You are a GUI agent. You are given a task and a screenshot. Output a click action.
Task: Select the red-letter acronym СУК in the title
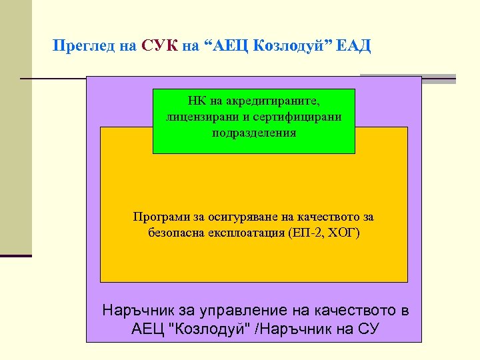[x=159, y=46]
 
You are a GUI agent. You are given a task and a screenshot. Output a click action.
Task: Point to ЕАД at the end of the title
[x=354, y=46]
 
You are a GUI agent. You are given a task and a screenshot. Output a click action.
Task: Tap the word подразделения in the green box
[x=254, y=132]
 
